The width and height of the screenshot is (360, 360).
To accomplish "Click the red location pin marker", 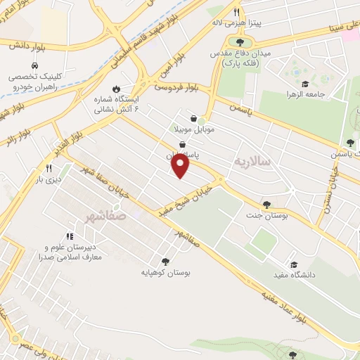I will pos(181,165).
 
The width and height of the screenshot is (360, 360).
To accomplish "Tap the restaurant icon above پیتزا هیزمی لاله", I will pos(238,12).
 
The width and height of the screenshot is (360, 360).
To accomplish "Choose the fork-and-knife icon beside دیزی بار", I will pos(49,168).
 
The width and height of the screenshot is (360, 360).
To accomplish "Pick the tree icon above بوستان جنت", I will pos(266,205).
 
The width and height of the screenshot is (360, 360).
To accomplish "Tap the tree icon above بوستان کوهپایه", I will pos(165,260).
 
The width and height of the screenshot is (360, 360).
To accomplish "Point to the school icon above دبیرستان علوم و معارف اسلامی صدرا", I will pos(69,236).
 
